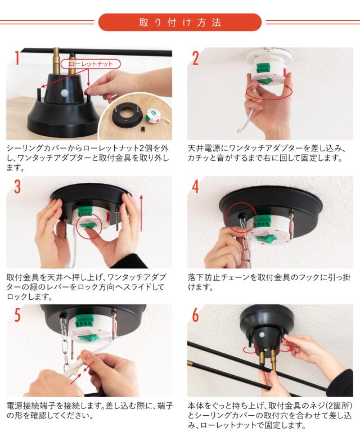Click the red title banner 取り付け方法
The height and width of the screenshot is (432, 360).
180,22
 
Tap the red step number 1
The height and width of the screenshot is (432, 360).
17,58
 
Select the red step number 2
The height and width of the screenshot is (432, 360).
195,58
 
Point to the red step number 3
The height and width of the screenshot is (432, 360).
17,186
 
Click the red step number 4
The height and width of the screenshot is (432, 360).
195,187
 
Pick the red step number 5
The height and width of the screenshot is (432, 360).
17,314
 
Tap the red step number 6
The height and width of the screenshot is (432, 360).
195,315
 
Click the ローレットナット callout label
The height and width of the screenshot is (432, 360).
91,64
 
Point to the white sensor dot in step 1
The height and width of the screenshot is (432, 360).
64,93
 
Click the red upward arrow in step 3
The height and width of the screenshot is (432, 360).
141,213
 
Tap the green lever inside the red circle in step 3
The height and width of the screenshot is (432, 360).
89,226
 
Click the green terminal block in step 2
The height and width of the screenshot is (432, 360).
264,68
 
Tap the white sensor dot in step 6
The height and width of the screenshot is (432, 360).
262,335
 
